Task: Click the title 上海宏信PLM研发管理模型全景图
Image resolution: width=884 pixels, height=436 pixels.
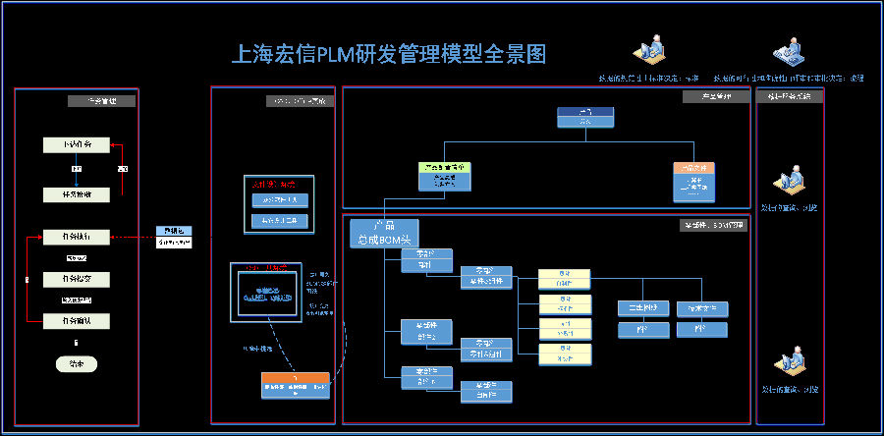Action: pos(387,54)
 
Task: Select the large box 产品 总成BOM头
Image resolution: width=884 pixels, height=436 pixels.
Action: pos(384,233)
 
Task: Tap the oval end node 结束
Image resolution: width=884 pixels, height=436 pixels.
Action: pos(77,363)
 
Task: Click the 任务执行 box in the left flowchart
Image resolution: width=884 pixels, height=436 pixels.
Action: pos(77,238)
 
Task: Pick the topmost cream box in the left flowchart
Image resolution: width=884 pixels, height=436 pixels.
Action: pos(77,145)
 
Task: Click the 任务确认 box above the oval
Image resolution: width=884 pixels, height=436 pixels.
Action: pos(77,320)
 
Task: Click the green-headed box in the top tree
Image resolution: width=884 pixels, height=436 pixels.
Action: pos(444,175)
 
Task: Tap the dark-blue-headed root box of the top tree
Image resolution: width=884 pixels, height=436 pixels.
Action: pos(585,117)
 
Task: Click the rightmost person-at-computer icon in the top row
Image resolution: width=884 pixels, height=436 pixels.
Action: pos(787,52)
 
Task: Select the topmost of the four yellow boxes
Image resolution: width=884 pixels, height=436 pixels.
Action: pos(564,276)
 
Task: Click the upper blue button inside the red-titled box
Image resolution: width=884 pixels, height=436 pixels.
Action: pos(279,199)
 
